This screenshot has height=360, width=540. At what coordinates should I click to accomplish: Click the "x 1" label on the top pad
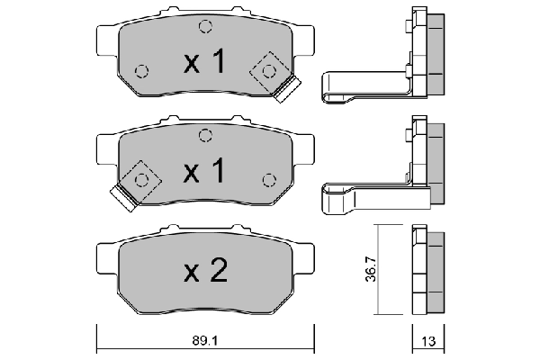[205, 62]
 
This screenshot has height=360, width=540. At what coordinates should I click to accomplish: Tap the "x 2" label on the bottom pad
[205, 273]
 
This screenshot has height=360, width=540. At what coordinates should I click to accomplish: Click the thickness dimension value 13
[428, 342]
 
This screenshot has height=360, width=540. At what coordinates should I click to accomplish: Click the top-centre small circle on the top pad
[205, 25]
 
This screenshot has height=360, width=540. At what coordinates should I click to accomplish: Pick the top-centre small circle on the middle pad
[205, 136]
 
